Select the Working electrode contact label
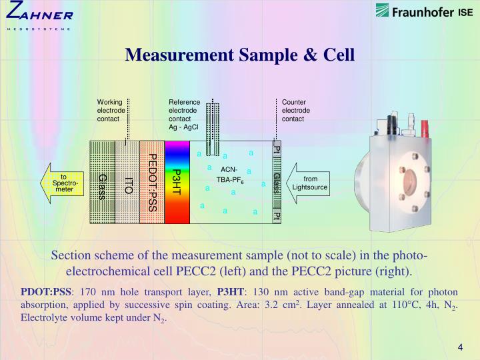pos(110,110)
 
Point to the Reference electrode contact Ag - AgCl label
pos(184,114)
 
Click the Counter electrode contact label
pos(295,110)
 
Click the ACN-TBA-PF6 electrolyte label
pos(229,175)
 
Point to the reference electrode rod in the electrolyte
pos(212,130)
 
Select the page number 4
pos(460,347)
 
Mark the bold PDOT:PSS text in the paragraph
pos(45,292)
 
